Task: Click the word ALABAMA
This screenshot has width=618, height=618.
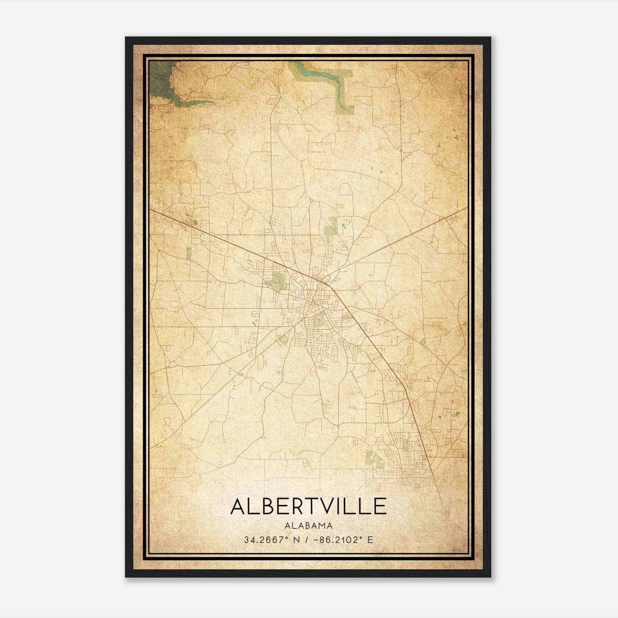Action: (308, 526)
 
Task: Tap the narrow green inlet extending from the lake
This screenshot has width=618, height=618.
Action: (195, 103)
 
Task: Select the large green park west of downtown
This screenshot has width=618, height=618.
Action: (278, 281)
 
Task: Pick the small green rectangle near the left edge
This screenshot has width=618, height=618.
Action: (188, 253)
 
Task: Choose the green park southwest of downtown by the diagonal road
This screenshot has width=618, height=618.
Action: (284, 340)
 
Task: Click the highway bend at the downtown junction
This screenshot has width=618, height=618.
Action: (329, 286)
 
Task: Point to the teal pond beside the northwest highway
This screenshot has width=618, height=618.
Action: (195, 222)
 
